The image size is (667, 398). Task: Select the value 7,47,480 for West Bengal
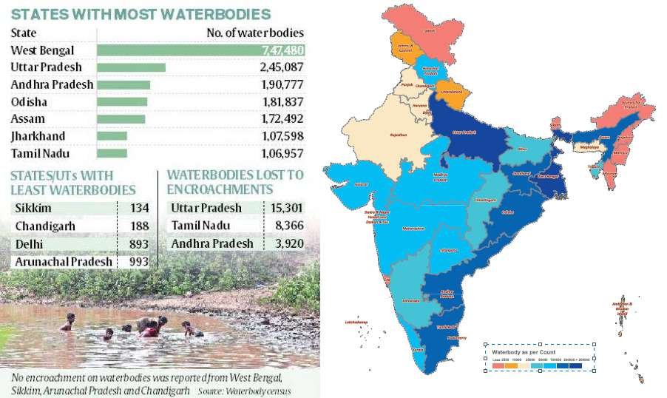pyautogui.click(x=281, y=50)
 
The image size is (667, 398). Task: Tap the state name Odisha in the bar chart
pyautogui.click(x=27, y=102)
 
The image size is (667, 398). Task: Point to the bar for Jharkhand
pyautogui.click(x=112, y=136)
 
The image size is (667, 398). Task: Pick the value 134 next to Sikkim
pyautogui.click(x=138, y=209)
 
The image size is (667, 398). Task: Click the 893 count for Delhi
pyautogui.click(x=138, y=244)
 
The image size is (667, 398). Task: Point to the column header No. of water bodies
pyautogui.click(x=254, y=33)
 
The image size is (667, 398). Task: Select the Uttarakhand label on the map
pyautogui.click(x=452, y=91)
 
